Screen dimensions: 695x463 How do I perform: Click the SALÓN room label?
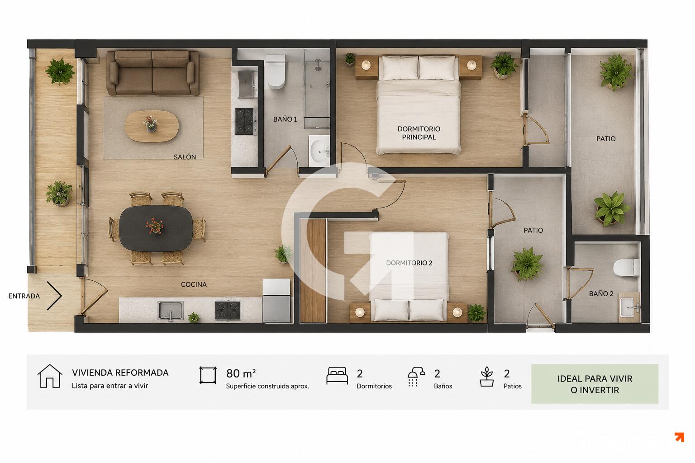coord(185,157)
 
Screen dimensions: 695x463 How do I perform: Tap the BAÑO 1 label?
coord(285,119)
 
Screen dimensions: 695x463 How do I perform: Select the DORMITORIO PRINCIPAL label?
coord(419,133)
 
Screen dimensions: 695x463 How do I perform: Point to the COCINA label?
coord(194,284)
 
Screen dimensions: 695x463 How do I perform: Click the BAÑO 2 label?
coord(601,294)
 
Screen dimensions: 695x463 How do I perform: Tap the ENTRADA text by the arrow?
coord(24,296)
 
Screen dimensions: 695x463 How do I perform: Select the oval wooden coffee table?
coord(152,126)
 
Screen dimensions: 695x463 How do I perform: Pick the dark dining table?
coord(156,228)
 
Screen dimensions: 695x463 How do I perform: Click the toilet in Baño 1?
coord(276,71)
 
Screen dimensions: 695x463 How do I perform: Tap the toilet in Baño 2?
coord(626,267)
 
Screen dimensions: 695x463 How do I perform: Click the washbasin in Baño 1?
coord(319,151)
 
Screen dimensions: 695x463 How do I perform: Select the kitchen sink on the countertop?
coord(170,310)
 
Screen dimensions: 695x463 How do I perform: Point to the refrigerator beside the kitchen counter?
coord(276,301)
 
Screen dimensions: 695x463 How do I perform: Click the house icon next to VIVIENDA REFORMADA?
coord(50,376)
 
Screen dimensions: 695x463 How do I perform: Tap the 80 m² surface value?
coord(241,373)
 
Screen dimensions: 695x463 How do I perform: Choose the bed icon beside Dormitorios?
coord(337,376)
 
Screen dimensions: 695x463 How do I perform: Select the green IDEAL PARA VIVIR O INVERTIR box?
coord(595,384)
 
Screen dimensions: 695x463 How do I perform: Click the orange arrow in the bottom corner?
coord(680,437)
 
